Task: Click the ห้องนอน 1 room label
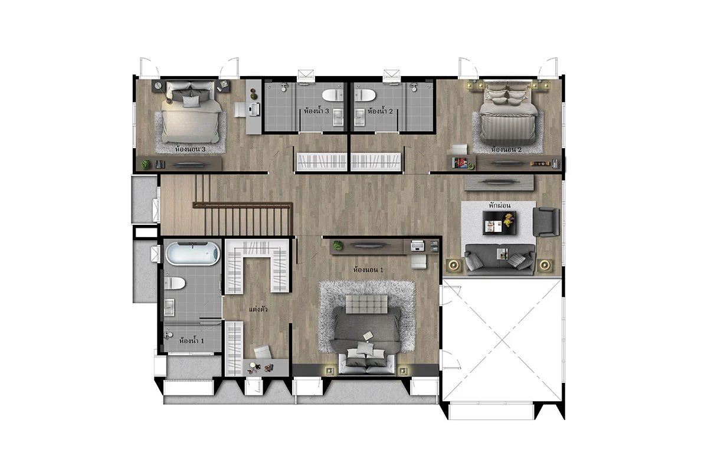click(368, 270)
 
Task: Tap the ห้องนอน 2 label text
click(506, 149)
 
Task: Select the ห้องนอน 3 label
click(190, 149)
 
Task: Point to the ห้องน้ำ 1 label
click(192, 341)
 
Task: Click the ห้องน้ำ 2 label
click(380, 112)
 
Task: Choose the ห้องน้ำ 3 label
click(316, 111)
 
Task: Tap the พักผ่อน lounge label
click(500, 205)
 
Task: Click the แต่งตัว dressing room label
click(258, 309)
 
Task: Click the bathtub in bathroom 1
click(193, 254)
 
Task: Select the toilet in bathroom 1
click(175, 283)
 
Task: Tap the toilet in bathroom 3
click(333, 95)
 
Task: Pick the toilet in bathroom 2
click(365, 95)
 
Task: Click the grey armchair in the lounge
click(546, 222)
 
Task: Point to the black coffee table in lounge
click(499, 223)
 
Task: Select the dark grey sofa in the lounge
click(500, 259)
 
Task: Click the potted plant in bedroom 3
click(146, 165)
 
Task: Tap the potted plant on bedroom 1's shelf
click(338, 245)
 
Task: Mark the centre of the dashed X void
click(502, 340)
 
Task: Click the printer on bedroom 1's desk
click(418, 245)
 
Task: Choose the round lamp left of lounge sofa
click(454, 265)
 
